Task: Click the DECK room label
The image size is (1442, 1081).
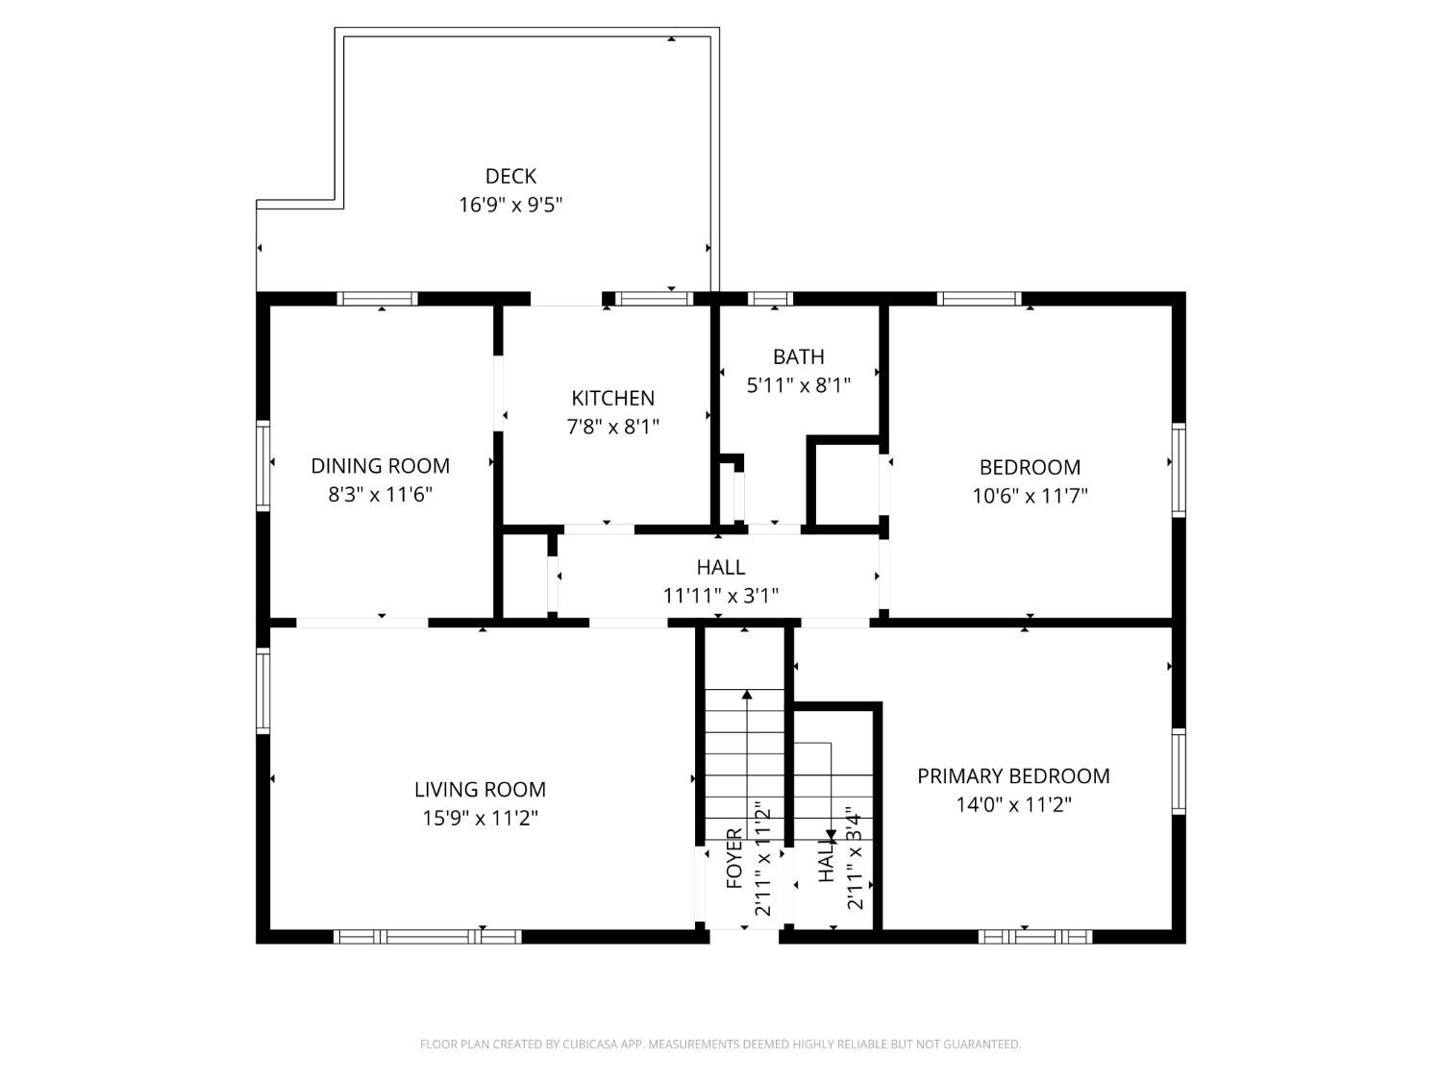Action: [510, 176]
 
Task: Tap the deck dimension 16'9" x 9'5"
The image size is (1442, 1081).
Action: [510, 205]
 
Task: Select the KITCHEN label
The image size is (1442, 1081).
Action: [612, 398]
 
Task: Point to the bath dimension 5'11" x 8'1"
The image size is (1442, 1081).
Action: [799, 385]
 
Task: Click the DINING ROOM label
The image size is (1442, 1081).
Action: [380, 466]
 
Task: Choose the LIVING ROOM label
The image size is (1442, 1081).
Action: [480, 790]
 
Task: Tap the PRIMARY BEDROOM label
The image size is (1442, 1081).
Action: [1013, 775]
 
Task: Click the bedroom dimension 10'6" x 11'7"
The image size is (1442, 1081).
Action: [1030, 496]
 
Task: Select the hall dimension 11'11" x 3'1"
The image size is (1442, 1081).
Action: [720, 596]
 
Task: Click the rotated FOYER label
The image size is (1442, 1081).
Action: [734, 858]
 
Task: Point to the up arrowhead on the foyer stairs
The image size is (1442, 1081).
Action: [747, 694]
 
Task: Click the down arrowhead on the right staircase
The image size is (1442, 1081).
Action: [831, 836]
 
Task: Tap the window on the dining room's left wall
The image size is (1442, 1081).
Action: [262, 463]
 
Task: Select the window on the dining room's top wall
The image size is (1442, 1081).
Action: [378, 299]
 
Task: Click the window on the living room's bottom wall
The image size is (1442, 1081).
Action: [428, 936]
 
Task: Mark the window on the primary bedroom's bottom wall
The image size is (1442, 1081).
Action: [1035, 936]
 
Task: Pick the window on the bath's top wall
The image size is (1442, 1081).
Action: [770, 299]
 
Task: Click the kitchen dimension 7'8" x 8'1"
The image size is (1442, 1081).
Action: [612, 427]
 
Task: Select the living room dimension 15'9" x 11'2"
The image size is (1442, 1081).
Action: [480, 819]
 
